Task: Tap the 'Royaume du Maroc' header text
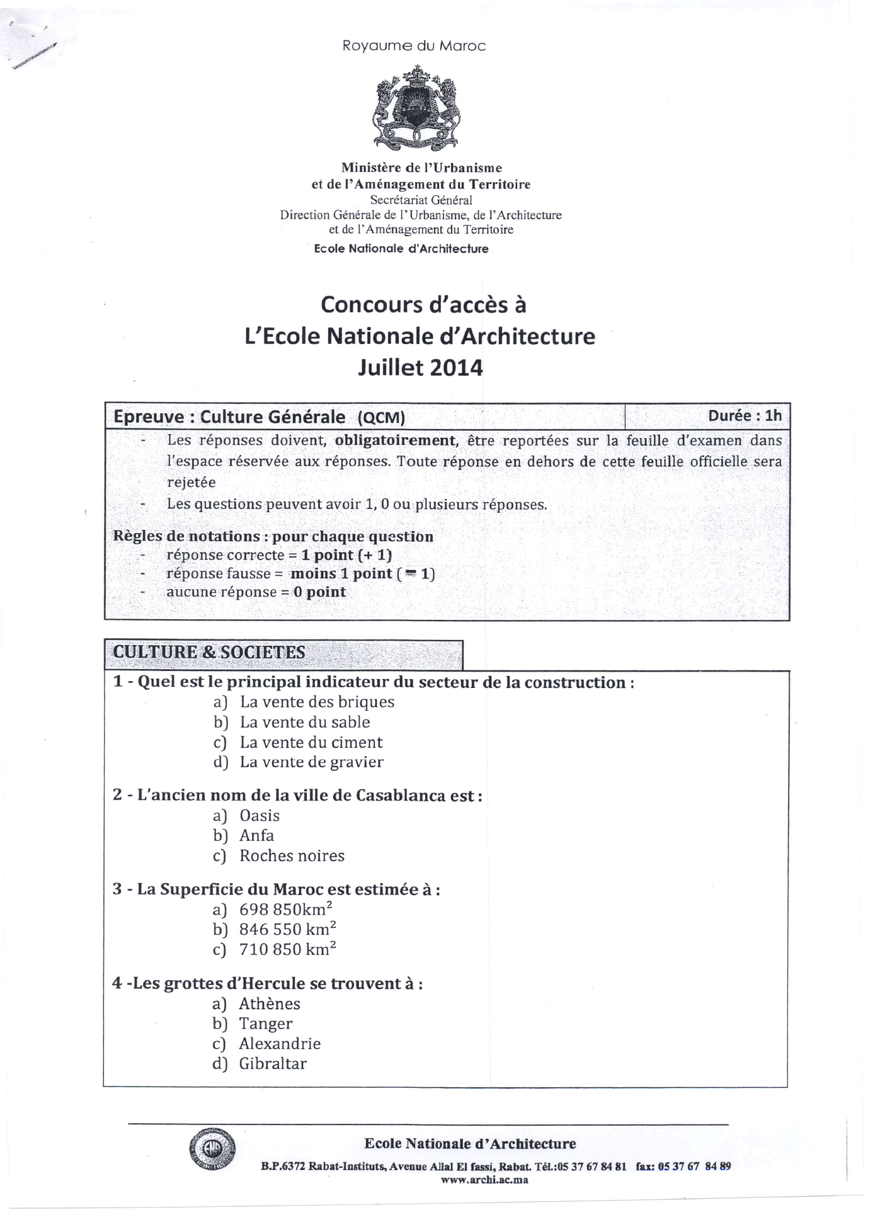coord(414,46)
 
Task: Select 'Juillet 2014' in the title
coord(420,367)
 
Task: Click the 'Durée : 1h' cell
coord(745,416)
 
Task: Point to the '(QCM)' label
coord(380,418)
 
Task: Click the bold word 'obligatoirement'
coord(395,440)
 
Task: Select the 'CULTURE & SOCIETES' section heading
coord(209,652)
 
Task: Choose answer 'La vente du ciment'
coord(311,742)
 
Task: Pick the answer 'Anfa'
coord(256,835)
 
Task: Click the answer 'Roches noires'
coord(292,855)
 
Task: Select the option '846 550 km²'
coord(287,929)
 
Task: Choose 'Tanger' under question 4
coord(265,1024)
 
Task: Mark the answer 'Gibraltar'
coord(273,1063)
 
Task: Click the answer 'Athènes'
coord(270,1003)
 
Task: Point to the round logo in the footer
coord(213,1147)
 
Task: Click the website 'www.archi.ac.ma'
coord(484,1180)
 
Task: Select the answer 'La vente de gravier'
coord(311,762)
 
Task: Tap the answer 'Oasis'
coord(260,816)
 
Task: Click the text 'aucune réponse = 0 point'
coord(256,592)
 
